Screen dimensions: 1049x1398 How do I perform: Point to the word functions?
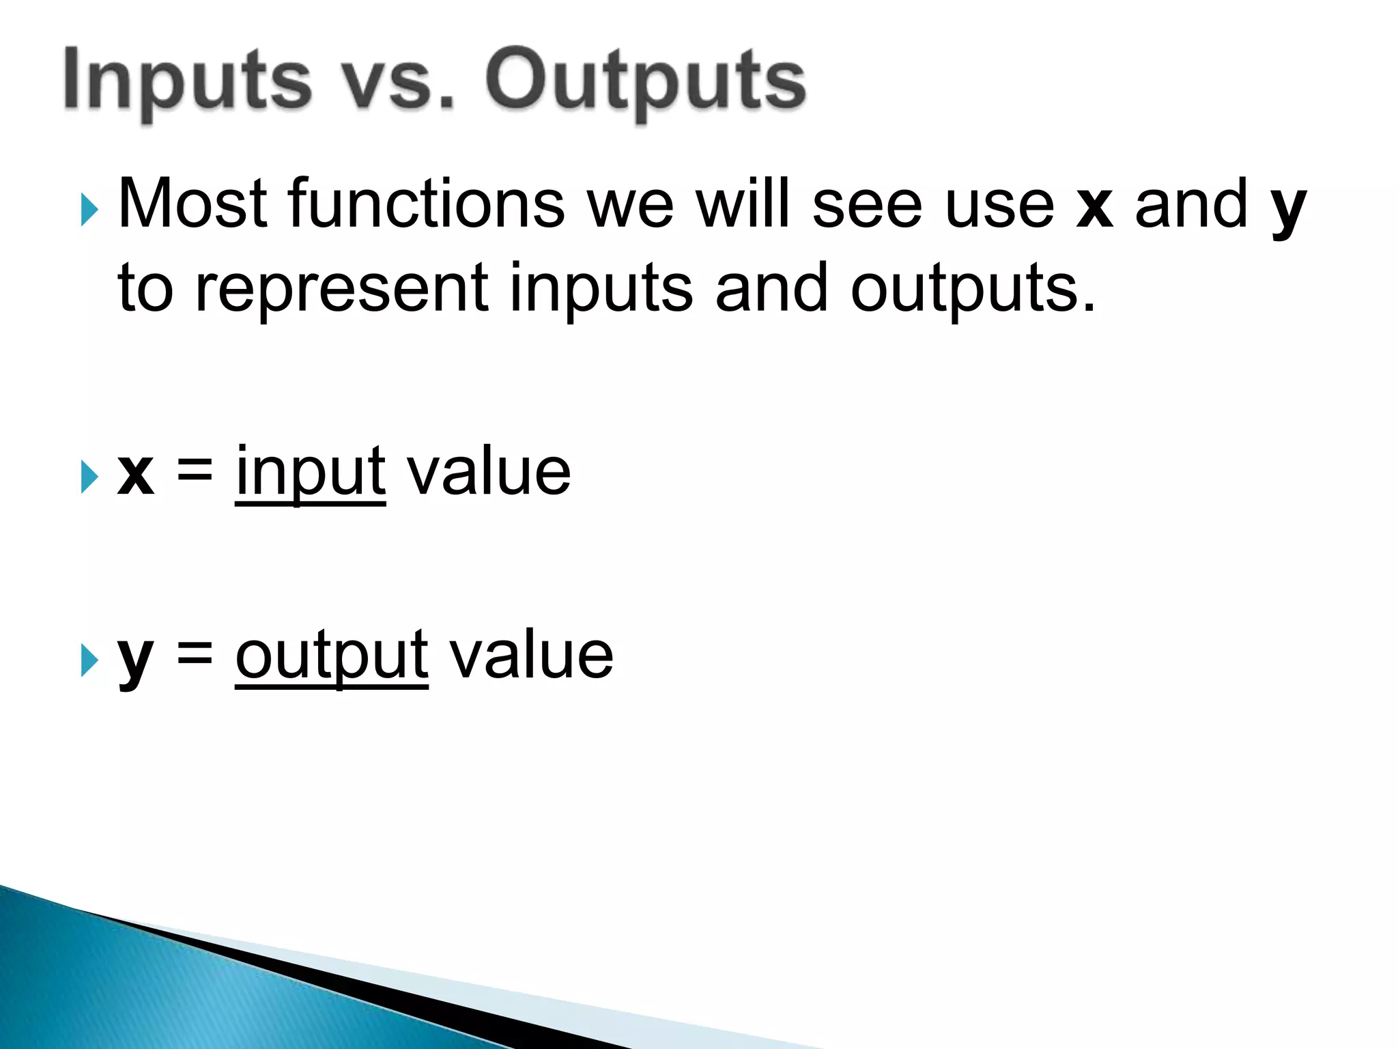(427, 204)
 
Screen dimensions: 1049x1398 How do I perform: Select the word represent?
(341, 290)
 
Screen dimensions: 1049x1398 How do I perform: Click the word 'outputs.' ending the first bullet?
(972, 290)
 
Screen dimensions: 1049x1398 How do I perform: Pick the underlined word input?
(311, 473)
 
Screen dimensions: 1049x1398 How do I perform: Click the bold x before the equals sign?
(136, 475)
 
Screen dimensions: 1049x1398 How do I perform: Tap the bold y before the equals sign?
(134, 660)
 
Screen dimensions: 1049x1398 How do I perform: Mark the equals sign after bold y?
(195, 654)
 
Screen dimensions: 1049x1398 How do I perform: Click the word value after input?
(489, 472)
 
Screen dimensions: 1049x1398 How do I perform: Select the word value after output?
(532, 656)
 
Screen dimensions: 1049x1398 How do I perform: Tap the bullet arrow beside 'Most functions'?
(89, 209)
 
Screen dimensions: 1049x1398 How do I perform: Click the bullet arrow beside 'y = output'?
(89, 660)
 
